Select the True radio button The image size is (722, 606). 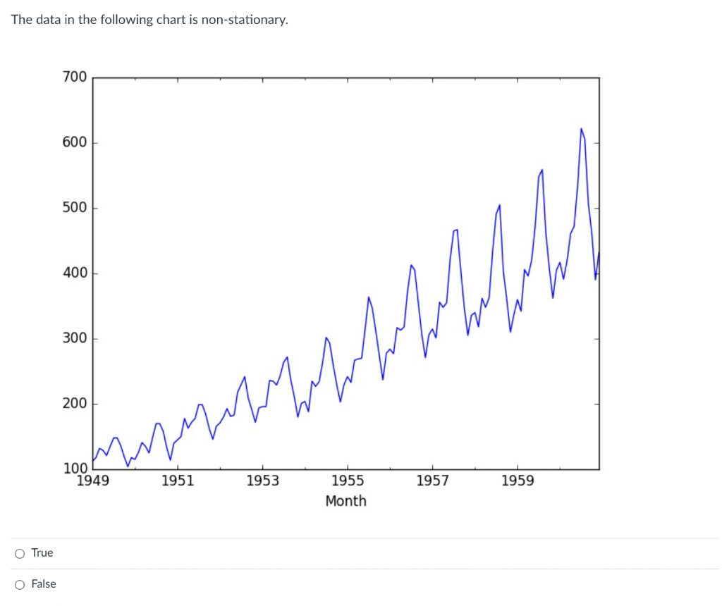20,553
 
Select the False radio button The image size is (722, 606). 20,584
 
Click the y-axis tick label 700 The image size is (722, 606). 74,77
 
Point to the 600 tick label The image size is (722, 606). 74,142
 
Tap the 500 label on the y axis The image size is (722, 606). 74,208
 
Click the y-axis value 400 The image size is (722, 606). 74,273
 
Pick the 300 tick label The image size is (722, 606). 74,338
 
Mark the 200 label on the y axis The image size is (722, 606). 74,404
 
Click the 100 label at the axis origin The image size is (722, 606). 74,469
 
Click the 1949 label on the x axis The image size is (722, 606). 92,481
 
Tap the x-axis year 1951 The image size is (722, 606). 177,481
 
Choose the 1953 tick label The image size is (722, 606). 262,481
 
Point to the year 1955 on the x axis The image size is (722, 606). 347,481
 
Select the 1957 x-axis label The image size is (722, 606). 432,481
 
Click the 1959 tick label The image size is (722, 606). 517,481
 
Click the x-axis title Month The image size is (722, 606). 345,501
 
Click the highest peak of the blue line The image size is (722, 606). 581,129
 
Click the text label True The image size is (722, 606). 42,553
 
